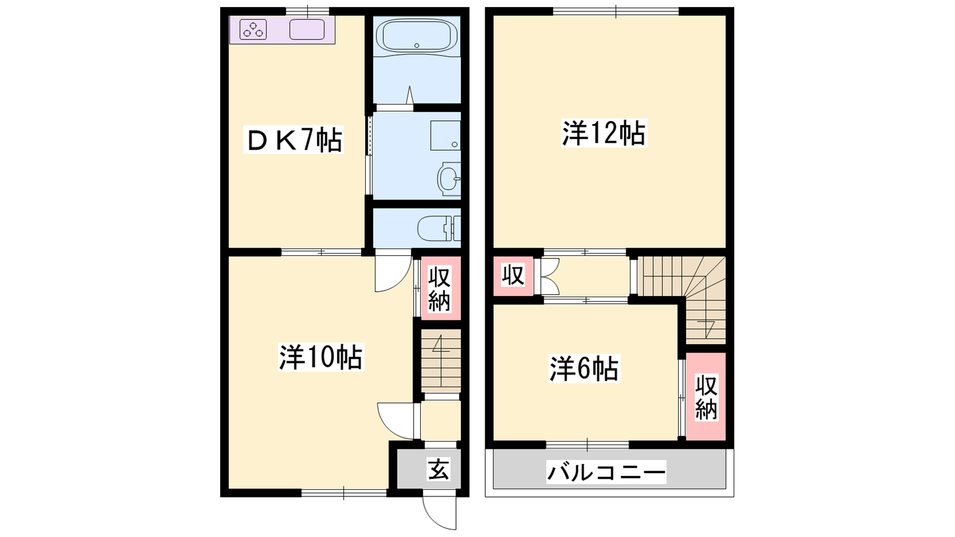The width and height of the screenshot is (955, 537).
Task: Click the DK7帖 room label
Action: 293,140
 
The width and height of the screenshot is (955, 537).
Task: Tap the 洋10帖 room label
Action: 321,357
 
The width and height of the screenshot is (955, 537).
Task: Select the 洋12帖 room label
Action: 603,133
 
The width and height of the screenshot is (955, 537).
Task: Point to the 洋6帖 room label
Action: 584,369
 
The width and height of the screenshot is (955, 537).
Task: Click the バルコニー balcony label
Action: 606,472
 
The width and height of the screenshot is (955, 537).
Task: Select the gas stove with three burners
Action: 253,30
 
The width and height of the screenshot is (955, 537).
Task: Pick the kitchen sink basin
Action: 307,30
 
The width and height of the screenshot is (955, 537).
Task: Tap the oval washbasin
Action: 448,179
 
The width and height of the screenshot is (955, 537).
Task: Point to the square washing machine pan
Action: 445,135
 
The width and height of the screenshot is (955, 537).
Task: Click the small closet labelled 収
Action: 513,276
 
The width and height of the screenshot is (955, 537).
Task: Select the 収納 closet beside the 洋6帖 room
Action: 706,397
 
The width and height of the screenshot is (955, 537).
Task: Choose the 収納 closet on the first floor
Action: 440,288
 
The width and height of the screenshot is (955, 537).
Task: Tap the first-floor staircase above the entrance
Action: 441,360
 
